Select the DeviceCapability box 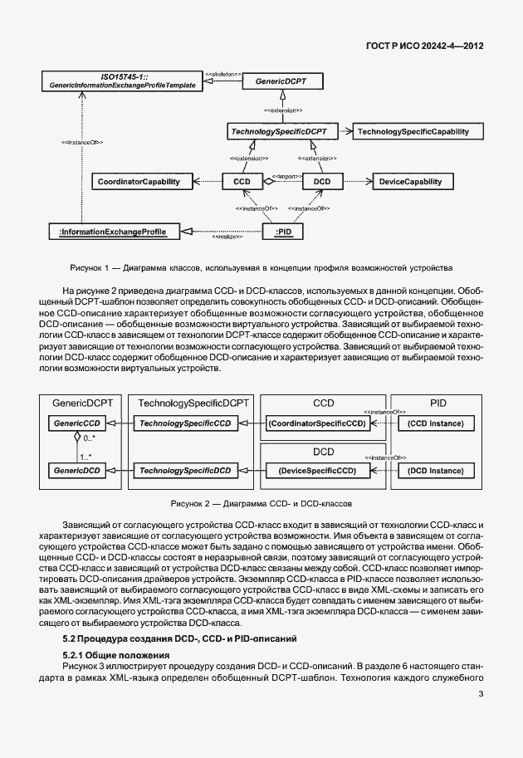[415, 180]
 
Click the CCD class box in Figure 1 [242, 180]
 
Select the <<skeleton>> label [223, 75]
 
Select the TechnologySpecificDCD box [184, 470]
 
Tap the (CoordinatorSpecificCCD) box [315, 423]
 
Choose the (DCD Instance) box [435, 470]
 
